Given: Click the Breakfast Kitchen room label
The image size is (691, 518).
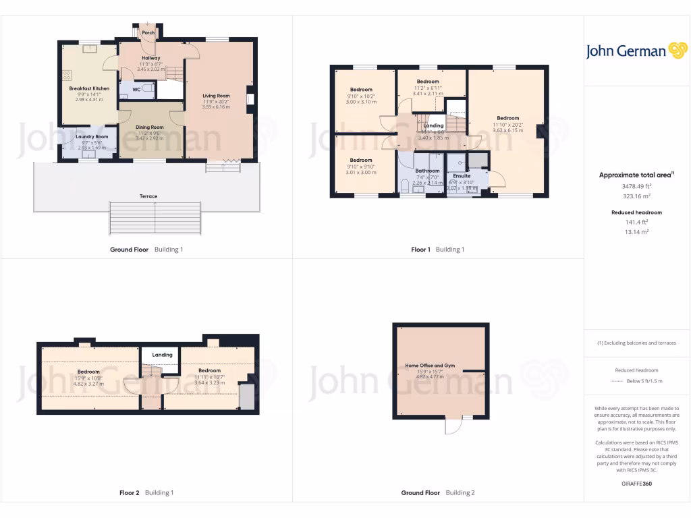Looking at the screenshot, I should (89, 88).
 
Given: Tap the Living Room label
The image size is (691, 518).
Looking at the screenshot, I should (216, 96).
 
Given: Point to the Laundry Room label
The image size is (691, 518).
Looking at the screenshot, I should (92, 136).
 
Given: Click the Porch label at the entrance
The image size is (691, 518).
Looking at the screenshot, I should (148, 32).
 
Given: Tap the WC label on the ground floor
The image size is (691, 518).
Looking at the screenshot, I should (136, 89).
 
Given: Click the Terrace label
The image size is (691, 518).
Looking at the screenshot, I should (148, 196).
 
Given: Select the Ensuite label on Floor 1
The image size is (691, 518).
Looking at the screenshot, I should (462, 176).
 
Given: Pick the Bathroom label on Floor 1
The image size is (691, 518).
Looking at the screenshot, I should (427, 171).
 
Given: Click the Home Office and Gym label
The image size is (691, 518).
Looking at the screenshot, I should (430, 366).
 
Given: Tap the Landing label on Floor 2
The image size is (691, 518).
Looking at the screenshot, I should (162, 355).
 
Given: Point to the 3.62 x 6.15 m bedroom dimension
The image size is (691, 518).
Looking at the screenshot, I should (508, 130).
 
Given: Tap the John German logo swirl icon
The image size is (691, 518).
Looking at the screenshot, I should (677, 51).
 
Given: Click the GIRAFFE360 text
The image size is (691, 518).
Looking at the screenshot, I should (637, 484).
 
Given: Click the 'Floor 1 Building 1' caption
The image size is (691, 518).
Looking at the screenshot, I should (438, 250).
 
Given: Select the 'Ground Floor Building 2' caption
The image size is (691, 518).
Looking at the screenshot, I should (438, 493).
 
